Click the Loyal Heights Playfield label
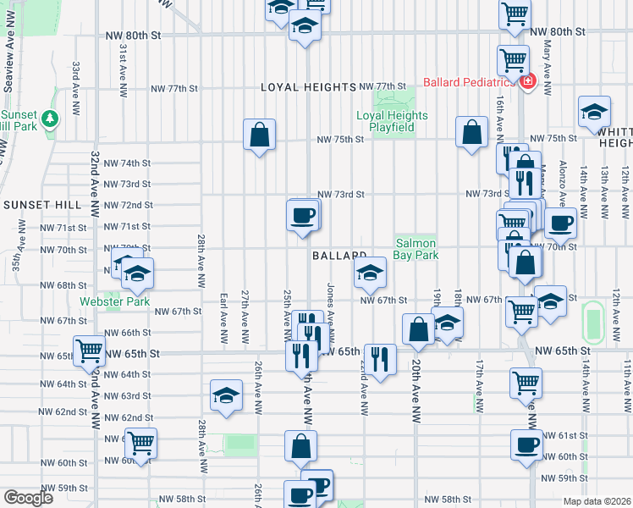391,121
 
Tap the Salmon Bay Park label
416,248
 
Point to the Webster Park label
114,301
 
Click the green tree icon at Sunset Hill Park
52,118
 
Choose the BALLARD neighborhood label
339,256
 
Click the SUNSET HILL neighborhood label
42,205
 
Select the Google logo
28,497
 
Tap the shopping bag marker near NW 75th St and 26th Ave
259,135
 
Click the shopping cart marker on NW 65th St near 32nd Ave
89,351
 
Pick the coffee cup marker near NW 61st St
526,444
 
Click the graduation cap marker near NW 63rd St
225,396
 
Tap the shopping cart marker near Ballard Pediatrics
513,59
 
